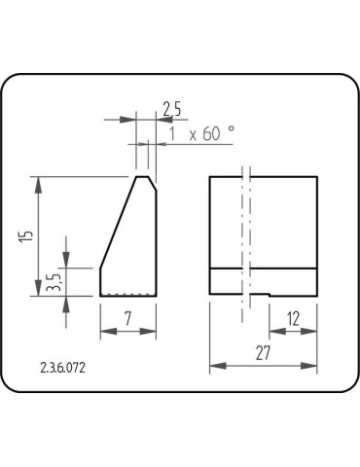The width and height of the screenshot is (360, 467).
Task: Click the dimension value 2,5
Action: pyautogui.click(x=171, y=106)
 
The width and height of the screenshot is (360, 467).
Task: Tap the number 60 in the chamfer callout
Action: pyautogui.click(x=213, y=134)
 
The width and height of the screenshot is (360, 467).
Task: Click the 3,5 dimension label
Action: pyautogui.click(x=54, y=282)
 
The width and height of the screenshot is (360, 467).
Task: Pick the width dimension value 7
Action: pyautogui.click(x=128, y=317)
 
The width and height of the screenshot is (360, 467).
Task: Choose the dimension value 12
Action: pyautogui.click(x=294, y=317)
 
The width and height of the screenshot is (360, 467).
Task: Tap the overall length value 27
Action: pyautogui.click(x=263, y=353)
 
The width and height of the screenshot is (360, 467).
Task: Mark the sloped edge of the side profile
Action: pyautogui.click(x=117, y=222)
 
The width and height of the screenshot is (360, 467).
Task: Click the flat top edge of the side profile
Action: pyautogui.click(x=142, y=176)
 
